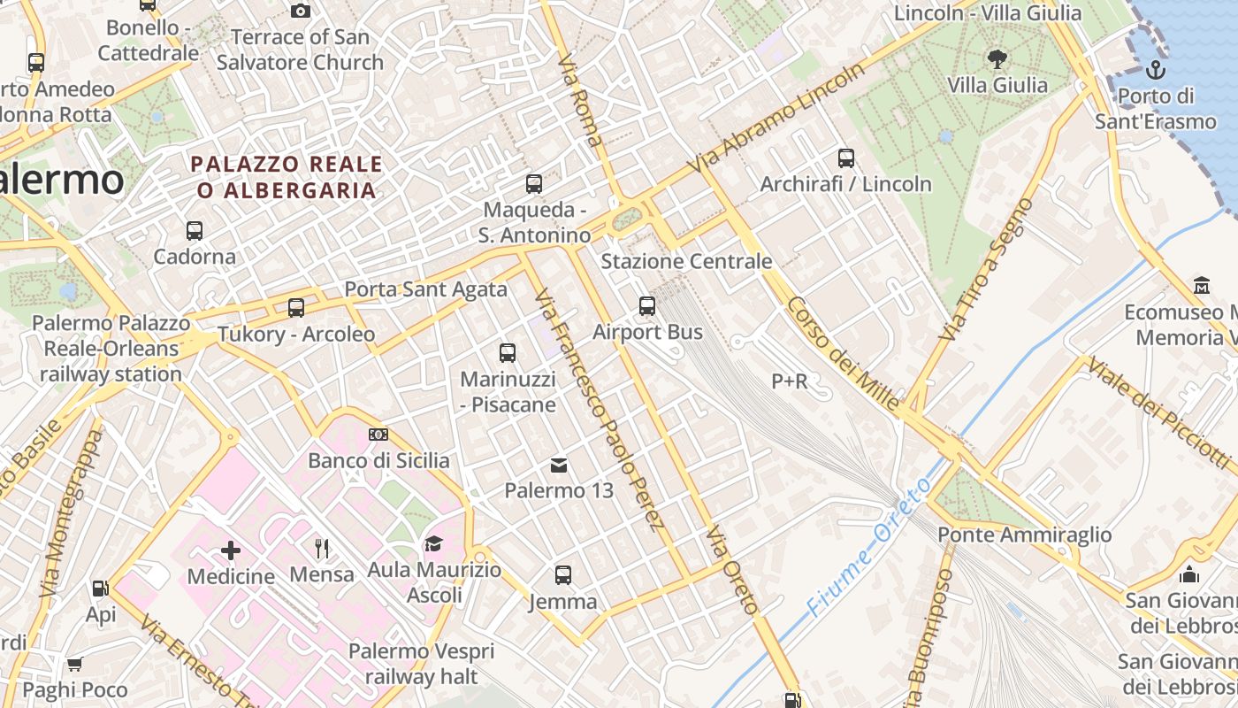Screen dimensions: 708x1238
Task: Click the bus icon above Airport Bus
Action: pos(647,306)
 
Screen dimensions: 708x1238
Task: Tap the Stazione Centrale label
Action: pos(686,261)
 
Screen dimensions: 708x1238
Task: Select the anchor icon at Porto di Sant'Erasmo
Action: pos(1155,70)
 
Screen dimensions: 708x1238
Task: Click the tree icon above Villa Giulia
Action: pos(997,59)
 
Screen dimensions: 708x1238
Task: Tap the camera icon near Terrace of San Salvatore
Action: pos(301,12)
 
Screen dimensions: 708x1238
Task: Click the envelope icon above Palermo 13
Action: pos(559,465)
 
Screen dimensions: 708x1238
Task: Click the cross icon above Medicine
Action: pos(231,550)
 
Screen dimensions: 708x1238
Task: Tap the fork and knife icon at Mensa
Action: pos(322,549)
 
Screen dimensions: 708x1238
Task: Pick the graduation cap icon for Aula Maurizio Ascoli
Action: pos(433,543)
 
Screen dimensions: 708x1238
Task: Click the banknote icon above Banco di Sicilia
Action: pos(378,435)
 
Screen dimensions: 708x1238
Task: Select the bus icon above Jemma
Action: pos(563,575)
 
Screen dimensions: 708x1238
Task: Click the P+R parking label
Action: pos(790,381)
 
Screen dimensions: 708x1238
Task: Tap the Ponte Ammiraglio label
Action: pos(1024,535)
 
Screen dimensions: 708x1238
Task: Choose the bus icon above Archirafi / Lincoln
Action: pos(846,158)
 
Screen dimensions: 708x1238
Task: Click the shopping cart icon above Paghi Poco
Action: pos(75,664)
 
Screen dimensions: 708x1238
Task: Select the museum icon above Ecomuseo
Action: pos(1201,286)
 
